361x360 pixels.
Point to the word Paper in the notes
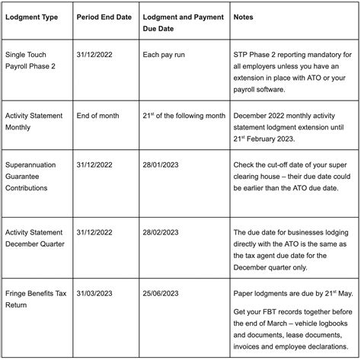[248, 292]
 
